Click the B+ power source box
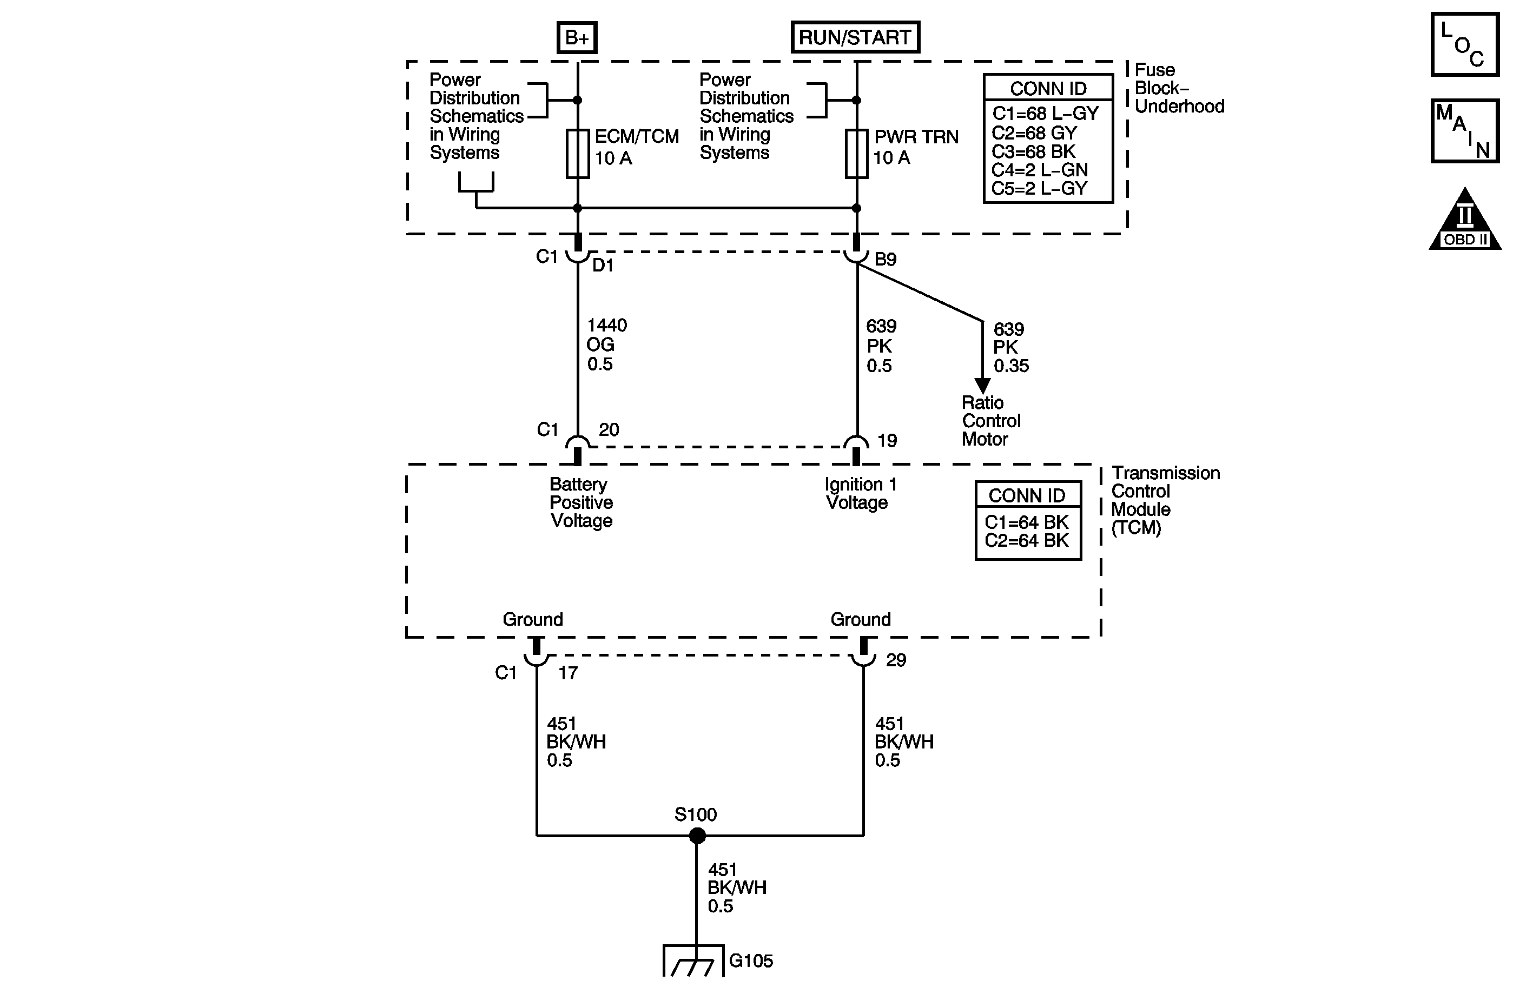pyautogui.click(x=577, y=37)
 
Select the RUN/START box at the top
pyautogui.click(x=855, y=37)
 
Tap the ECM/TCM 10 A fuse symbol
pyautogui.click(x=577, y=154)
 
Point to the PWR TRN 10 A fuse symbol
pyautogui.click(x=856, y=154)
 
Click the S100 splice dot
pyautogui.click(x=697, y=836)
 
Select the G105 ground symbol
pyautogui.click(x=693, y=960)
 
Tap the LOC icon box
pyautogui.click(x=1465, y=44)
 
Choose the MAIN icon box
pyautogui.click(x=1465, y=131)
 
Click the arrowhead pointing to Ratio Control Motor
pyautogui.click(x=982, y=386)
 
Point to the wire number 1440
pyautogui.click(x=606, y=326)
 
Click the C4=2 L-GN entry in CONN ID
pyautogui.click(x=1039, y=170)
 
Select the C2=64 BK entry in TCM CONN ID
pyautogui.click(x=1027, y=541)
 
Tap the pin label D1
pyautogui.click(x=603, y=266)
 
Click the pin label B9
pyautogui.click(x=886, y=259)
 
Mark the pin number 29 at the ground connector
pyautogui.click(x=896, y=660)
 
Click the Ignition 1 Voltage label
pyautogui.click(x=860, y=494)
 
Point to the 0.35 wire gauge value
pyautogui.click(x=1011, y=366)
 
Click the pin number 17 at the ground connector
pyautogui.click(x=567, y=673)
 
